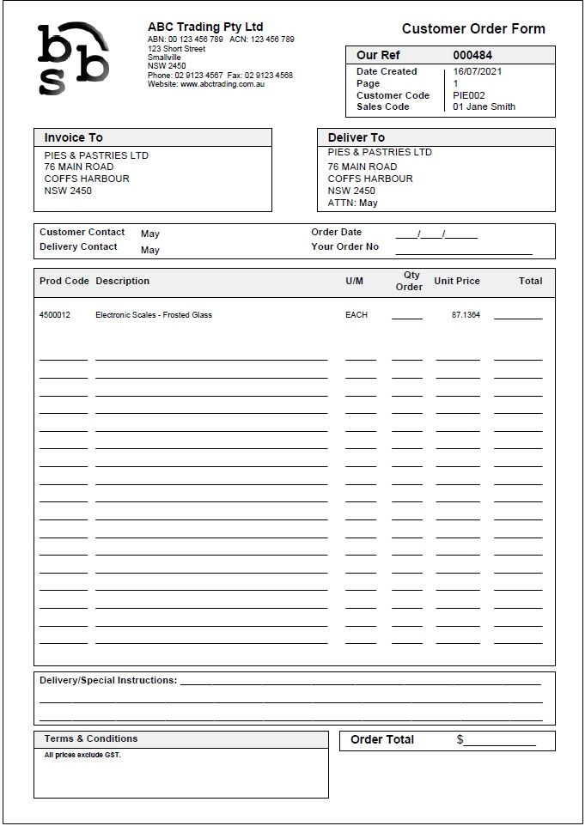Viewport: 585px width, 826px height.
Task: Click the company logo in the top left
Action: pyautogui.click(x=73, y=58)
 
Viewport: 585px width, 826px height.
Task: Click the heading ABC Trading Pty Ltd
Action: pyautogui.click(x=205, y=27)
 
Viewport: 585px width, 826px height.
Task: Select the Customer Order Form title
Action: pyautogui.click(x=473, y=28)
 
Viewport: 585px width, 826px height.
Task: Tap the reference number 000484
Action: pyautogui.click(x=472, y=55)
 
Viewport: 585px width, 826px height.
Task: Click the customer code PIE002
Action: pyautogui.click(x=469, y=95)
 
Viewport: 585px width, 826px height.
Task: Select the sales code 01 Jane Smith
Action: pyautogui.click(x=484, y=107)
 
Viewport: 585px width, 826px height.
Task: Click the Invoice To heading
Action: pyautogui.click(x=73, y=137)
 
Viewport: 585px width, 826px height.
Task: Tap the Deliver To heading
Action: pyautogui.click(x=356, y=137)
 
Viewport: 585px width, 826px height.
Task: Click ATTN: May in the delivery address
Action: pyautogui.click(x=352, y=203)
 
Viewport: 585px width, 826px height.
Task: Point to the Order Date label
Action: pyautogui.click(x=336, y=232)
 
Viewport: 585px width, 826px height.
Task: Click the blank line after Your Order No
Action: pyautogui.click(x=463, y=251)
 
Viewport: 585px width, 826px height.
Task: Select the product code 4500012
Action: pyautogui.click(x=55, y=315)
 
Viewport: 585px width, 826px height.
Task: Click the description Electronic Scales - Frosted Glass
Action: pyautogui.click(x=154, y=315)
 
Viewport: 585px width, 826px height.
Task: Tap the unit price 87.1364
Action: pyautogui.click(x=466, y=315)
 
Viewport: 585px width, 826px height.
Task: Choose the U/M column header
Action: pyautogui.click(x=354, y=281)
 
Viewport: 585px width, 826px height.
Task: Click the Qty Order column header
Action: pyautogui.click(x=409, y=281)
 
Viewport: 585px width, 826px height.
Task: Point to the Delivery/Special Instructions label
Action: pyautogui.click(x=108, y=680)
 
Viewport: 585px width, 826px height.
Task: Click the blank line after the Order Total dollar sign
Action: pyautogui.click(x=500, y=743)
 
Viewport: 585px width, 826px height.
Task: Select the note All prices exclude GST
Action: pyautogui.click(x=82, y=756)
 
